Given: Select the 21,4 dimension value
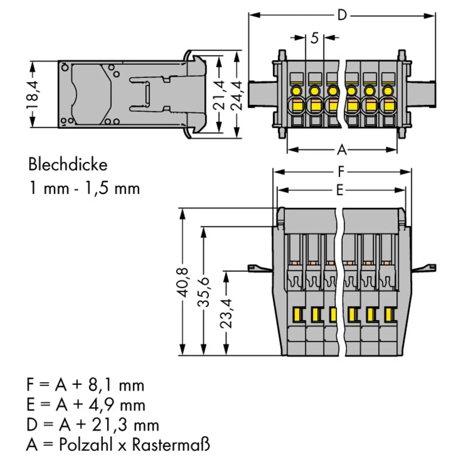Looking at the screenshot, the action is point(219,95).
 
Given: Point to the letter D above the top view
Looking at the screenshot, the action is point(342,16).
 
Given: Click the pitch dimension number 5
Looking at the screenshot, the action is point(314,38).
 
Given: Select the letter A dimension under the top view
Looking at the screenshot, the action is point(342,150).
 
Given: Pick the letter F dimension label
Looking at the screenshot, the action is point(341,172).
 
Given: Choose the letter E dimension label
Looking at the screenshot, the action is point(340,190).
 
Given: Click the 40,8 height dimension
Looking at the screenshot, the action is point(184,282).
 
